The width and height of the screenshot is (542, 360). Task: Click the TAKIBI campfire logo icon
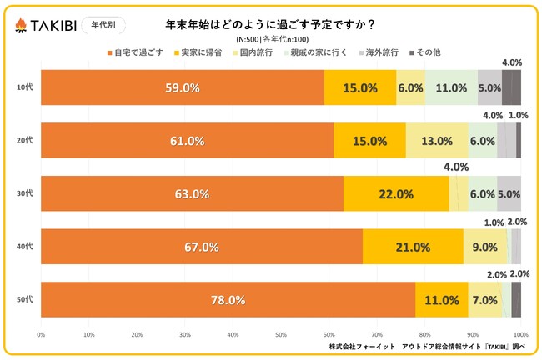tap(21, 27)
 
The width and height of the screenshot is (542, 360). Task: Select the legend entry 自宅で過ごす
tap(133, 53)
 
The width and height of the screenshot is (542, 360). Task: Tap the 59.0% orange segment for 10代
tap(182, 87)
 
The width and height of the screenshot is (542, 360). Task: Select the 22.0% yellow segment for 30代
tap(396, 194)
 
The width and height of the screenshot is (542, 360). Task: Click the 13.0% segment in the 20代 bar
tap(437, 141)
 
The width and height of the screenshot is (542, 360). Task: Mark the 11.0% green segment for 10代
tap(451, 87)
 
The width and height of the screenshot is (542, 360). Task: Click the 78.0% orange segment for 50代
tap(228, 300)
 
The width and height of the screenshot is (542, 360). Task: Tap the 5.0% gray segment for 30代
tap(509, 194)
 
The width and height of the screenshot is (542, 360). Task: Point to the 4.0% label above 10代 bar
tap(512, 62)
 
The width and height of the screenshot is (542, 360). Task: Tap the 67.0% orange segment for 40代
tap(202, 247)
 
